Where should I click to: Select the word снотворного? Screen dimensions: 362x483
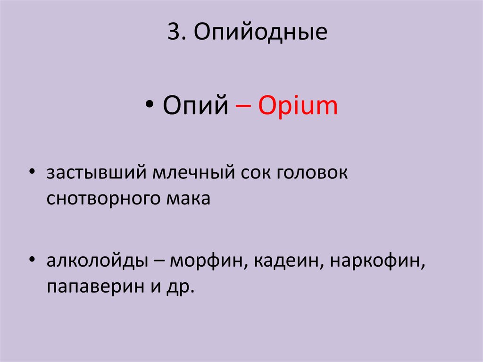[x=99, y=199]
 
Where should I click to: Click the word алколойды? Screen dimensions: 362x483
[x=96, y=261]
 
